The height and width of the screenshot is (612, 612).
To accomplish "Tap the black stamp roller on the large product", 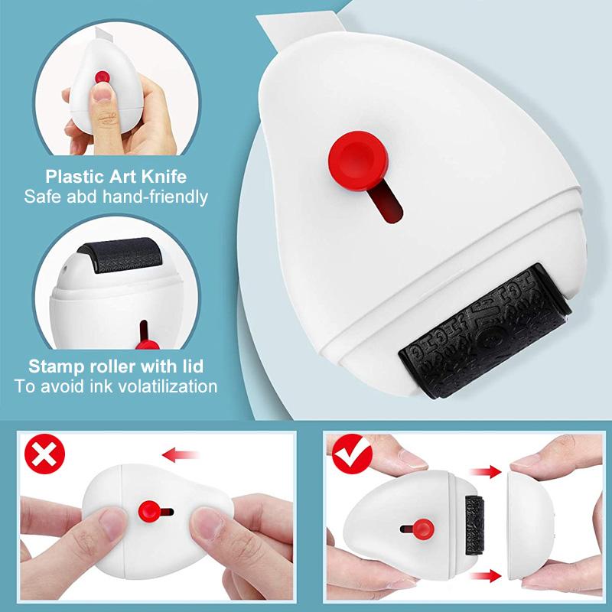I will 483,330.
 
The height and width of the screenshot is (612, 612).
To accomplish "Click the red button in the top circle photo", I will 99,78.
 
